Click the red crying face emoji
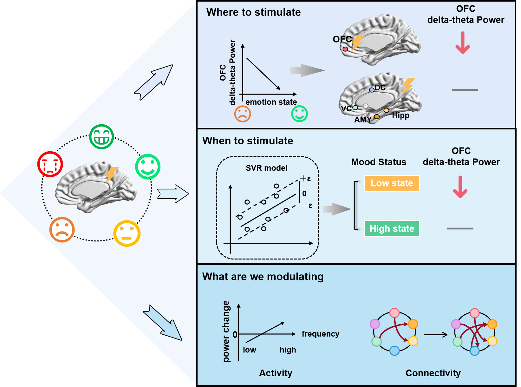pos(50,164)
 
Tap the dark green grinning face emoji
pos(101,137)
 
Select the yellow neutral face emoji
pos(127,233)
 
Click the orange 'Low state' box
pos(392,183)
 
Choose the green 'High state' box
pos(392,229)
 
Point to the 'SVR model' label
pos(266,168)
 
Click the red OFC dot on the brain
pos(345,49)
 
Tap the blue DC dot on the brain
pos(372,90)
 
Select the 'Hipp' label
pos(401,115)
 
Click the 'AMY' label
pos(363,120)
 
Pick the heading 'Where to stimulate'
pos(253,12)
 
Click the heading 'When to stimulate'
pos(248,141)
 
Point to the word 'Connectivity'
pos(433,373)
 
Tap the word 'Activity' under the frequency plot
pos(276,373)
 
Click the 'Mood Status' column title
pos(379,162)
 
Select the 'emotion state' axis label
pos(271,102)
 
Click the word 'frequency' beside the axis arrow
pos(320,334)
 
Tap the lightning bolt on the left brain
pos(111,174)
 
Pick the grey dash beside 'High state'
pos(460,228)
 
